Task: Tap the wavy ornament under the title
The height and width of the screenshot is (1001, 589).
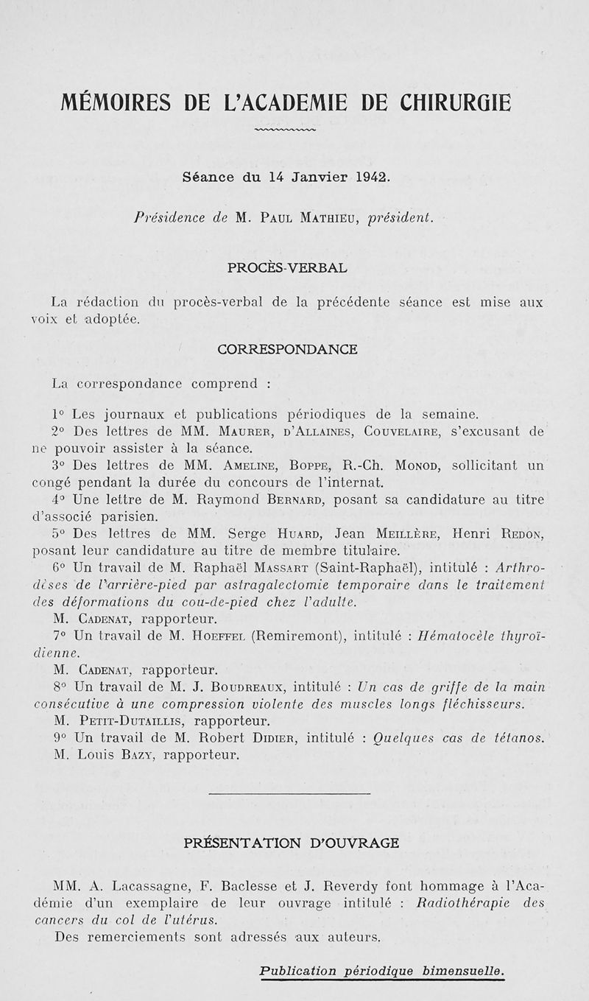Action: click(x=284, y=131)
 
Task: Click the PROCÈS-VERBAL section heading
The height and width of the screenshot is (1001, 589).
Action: click(x=288, y=268)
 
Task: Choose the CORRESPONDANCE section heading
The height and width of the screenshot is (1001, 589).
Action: click(x=288, y=349)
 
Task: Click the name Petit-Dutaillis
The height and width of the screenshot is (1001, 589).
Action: click(x=130, y=721)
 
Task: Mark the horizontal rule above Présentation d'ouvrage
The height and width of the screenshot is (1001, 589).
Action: click(x=289, y=793)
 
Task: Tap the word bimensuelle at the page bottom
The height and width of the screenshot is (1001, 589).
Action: click(x=465, y=972)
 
